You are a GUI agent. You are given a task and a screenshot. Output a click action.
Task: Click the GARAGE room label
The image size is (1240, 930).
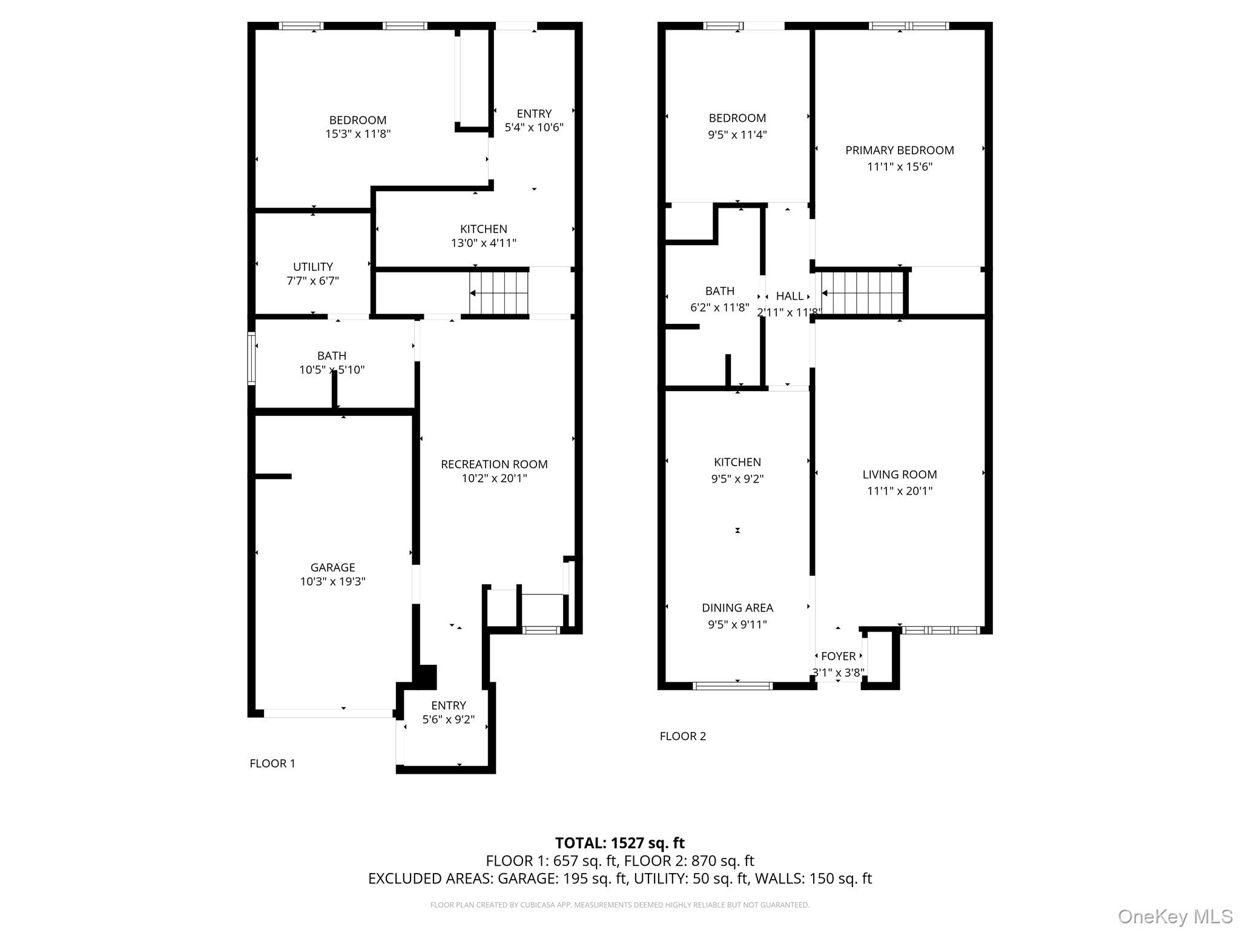(x=332, y=567)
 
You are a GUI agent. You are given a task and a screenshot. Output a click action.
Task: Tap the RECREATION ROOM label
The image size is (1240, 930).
(x=494, y=464)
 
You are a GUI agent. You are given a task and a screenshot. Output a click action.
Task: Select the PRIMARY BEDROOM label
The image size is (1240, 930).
(x=899, y=150)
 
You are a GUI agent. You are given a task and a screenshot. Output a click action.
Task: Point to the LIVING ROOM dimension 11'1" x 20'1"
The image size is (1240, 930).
(x=899, y=491)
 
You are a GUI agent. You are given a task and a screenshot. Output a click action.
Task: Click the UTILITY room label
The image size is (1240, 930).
(x=312, y=266)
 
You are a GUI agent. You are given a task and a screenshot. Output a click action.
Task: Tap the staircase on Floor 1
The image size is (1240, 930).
(x=498, y=294)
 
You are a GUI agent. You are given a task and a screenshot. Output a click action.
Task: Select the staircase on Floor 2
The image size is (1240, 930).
(x=862, y=294)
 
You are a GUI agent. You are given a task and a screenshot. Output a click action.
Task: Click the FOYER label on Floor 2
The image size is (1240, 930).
(x=838, y=656)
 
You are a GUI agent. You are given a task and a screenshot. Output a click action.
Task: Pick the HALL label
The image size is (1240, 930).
(x=790, y=296)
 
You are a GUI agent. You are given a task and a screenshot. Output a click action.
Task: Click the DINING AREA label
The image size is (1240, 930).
(x=737, y=608)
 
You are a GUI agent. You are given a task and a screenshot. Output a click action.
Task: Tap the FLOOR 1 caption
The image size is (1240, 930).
(x=272, y=763)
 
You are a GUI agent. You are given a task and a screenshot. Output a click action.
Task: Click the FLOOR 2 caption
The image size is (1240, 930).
(x=682, y=736)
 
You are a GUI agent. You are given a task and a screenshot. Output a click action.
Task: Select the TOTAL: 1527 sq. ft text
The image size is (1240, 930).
(x=619, y=843)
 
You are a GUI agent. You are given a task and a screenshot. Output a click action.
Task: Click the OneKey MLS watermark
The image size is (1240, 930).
(x=1175, y=917)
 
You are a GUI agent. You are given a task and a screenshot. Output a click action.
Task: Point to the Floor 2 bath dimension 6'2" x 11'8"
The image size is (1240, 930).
(x=719, y=308)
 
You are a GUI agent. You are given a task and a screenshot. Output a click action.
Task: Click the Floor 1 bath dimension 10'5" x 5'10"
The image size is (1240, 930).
(x=332, y=370)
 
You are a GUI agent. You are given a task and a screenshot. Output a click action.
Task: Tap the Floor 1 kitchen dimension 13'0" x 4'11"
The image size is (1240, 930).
(x=483, y=243)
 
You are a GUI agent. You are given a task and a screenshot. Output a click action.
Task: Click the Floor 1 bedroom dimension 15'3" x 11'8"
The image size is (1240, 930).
(x=357, y=134)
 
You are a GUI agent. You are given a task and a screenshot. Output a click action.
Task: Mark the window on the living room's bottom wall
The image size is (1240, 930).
(x=940, y=630)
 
